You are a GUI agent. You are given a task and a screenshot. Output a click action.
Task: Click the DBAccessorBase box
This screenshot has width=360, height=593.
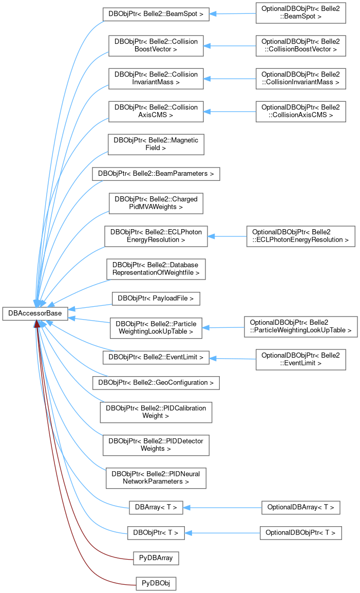pos(35,313)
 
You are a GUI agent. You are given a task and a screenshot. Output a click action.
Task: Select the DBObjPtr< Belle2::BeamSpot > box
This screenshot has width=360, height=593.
pos(156,14)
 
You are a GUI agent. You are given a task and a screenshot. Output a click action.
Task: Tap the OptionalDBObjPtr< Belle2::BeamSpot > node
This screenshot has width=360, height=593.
pos(300,14)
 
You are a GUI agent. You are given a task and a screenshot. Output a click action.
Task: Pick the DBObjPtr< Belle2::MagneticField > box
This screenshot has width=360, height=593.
pos(156,144)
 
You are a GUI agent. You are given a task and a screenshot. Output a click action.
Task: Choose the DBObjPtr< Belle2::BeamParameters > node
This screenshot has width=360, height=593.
pos(156,174)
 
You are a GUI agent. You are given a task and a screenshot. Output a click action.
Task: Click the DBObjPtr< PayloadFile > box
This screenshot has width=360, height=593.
pos(156,298)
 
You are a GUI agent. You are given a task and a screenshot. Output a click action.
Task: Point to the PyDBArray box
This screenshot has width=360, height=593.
pos(156,557)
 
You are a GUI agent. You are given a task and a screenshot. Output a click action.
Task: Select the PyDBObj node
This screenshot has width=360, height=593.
pos(156,583)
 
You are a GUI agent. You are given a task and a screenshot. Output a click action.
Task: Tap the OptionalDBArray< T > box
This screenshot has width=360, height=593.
pos(300,508)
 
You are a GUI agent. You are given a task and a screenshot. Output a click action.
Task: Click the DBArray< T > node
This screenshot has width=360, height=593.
pos(156,508)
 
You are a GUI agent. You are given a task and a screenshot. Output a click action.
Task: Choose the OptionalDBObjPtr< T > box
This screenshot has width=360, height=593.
pos(300,533)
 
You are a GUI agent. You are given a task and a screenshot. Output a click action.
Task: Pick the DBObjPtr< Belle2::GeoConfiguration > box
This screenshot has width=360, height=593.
pos(156,383)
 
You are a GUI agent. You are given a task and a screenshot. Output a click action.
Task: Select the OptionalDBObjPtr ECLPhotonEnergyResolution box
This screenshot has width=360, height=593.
pos(300,236)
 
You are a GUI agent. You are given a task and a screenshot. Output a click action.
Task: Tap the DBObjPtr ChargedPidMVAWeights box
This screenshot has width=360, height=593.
pos(156,203)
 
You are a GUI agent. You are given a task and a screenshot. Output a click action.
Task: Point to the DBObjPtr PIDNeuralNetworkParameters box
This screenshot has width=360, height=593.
pos(156,478)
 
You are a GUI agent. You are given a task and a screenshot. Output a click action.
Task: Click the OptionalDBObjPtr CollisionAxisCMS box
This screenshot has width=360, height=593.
pos(300,111)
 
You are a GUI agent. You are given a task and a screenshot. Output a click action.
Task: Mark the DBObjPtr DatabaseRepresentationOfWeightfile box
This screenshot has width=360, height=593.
pos(156,268)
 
